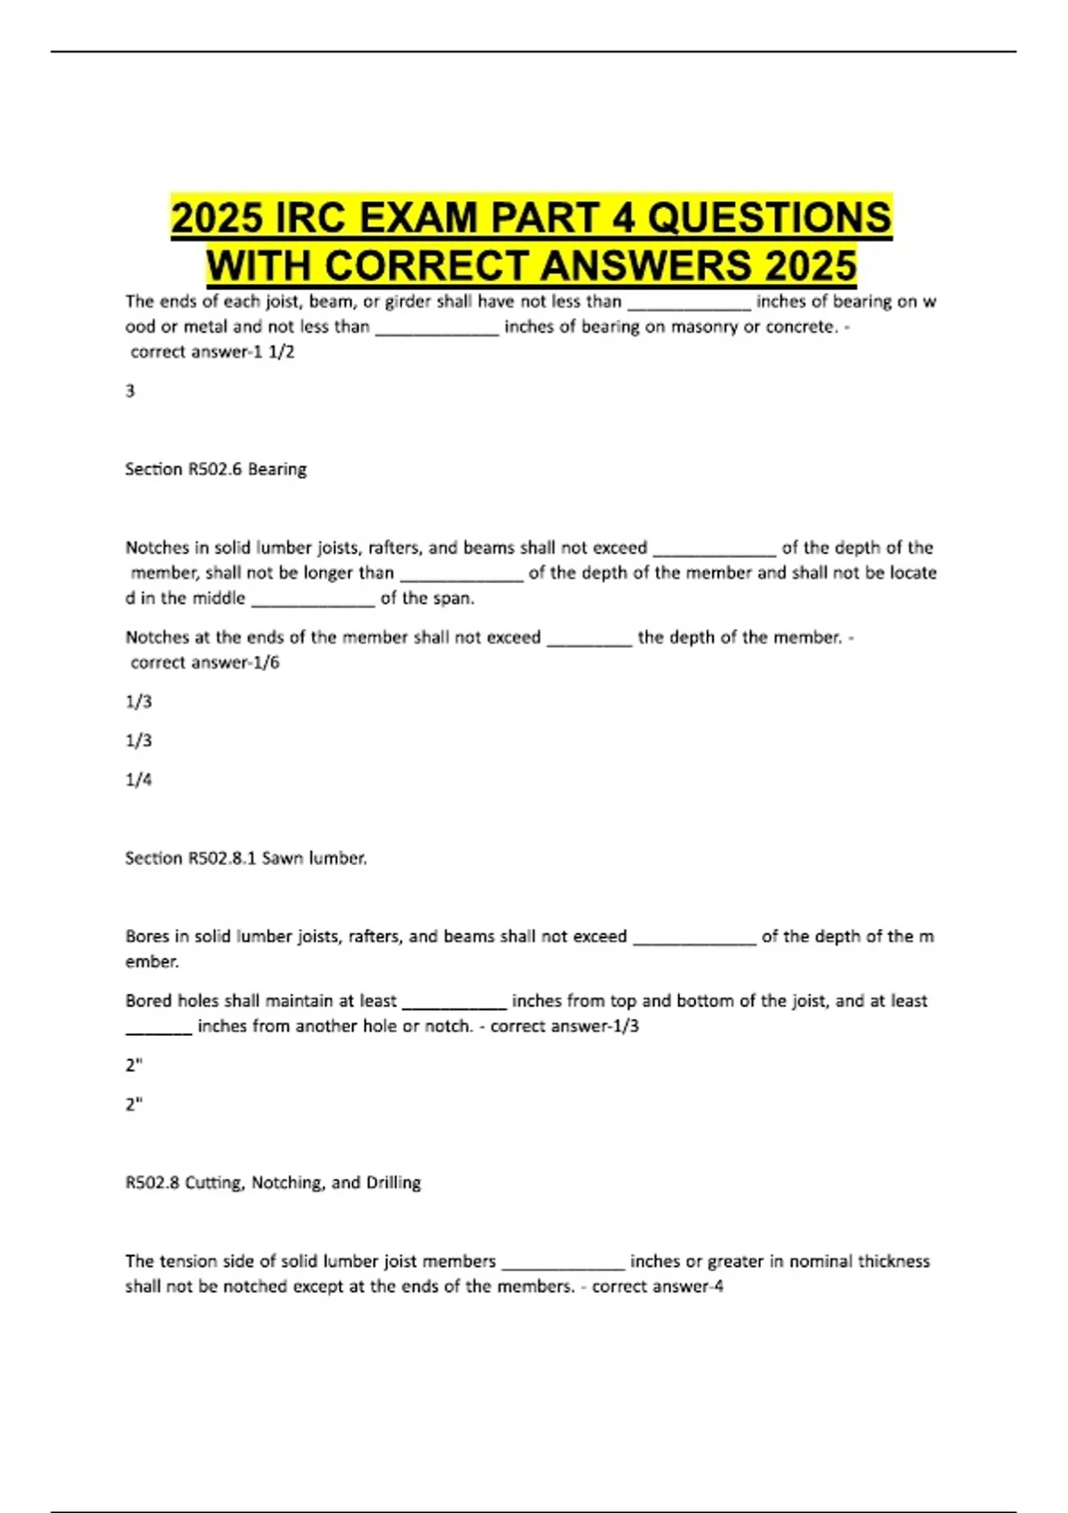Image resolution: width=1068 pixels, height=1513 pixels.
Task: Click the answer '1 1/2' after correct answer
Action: [x=281, y=352]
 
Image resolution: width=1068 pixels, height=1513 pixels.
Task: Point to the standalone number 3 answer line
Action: [x=130, y=391]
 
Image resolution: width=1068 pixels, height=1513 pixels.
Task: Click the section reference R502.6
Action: [x=214, y=469]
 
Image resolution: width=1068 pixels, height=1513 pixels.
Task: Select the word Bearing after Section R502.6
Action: [x=277, y=469]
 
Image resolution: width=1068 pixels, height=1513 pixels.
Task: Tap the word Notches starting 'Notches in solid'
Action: [x=155, y=547]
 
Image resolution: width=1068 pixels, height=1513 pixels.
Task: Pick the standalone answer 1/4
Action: [x=138, y=780]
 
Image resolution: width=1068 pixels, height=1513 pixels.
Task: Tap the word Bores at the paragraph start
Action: [x=147, y=936]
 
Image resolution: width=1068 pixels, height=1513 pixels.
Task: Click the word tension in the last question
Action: [x=189, y=1261]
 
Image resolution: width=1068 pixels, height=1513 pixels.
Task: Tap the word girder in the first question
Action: [x=408, y=302]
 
